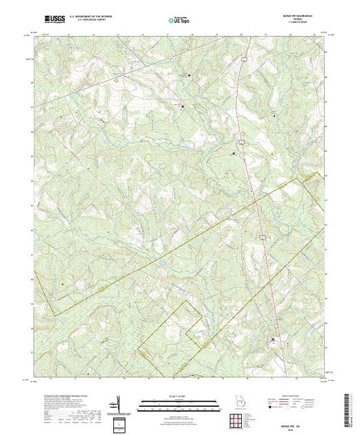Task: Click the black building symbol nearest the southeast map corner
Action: (278, 339)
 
